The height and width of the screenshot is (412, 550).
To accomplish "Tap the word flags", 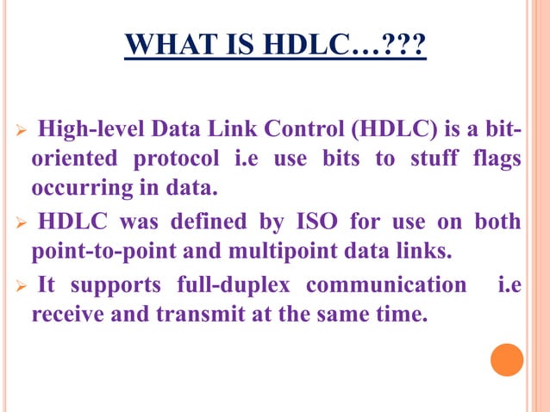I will [497, 160].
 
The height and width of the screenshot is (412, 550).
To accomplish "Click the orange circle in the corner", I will [507, 359].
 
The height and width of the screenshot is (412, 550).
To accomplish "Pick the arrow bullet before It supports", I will [23, 285].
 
